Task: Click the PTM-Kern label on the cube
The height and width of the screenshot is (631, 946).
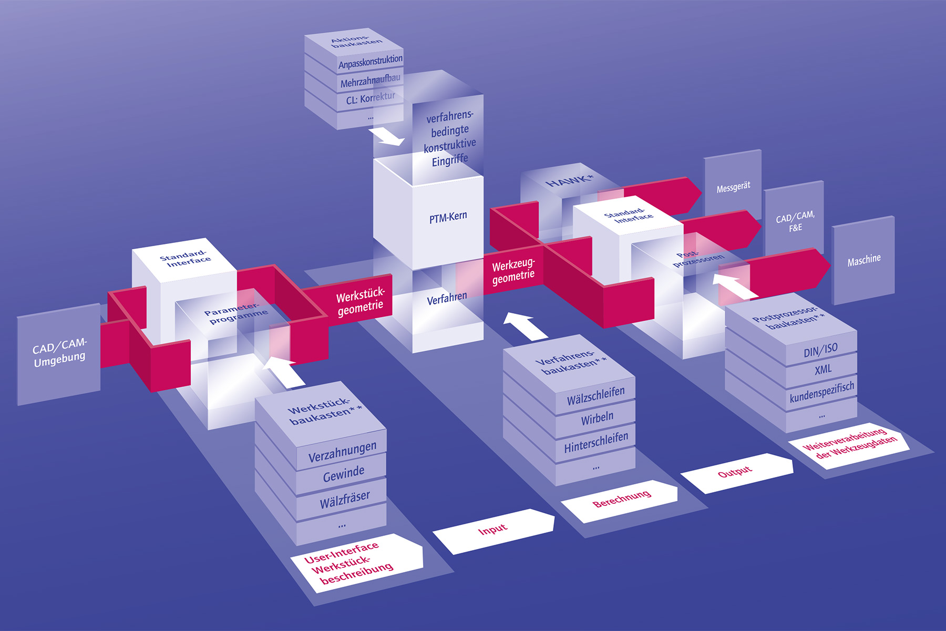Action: (x=448, y=217)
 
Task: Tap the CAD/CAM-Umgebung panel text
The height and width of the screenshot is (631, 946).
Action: (x=59, y=353)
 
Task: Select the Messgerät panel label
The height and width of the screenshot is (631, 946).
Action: (x=733, y=187)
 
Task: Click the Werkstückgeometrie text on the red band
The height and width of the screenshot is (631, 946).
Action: (x=361, y=301)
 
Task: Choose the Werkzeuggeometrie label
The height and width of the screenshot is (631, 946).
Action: (x=513, y=271)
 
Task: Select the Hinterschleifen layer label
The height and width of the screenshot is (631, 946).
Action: (x=596, y=443)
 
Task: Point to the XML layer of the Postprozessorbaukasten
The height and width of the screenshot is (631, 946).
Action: (x=823, y=370)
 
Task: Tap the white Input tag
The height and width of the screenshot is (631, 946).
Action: (x=493, y=531)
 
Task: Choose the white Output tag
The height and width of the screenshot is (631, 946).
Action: (x=736, y=473)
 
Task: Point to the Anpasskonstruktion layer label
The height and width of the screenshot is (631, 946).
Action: (x=371, y=62)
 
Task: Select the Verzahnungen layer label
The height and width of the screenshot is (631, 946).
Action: (x=342, y=452)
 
